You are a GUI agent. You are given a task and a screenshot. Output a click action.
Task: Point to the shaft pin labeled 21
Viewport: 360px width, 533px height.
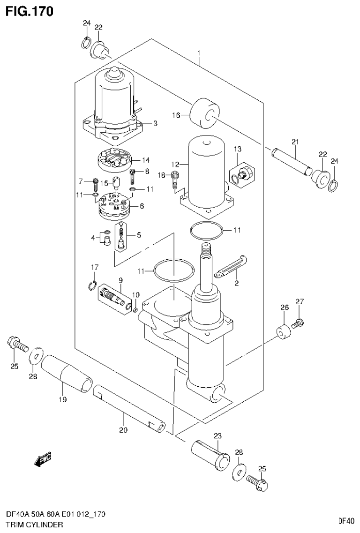pos(291,161)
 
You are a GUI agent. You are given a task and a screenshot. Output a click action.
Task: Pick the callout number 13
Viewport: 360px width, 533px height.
pos(238,149)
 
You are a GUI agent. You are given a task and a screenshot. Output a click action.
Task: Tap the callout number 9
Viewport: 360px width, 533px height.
pos(120,280)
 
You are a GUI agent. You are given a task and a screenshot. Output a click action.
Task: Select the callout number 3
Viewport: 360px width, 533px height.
pos(155,123)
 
